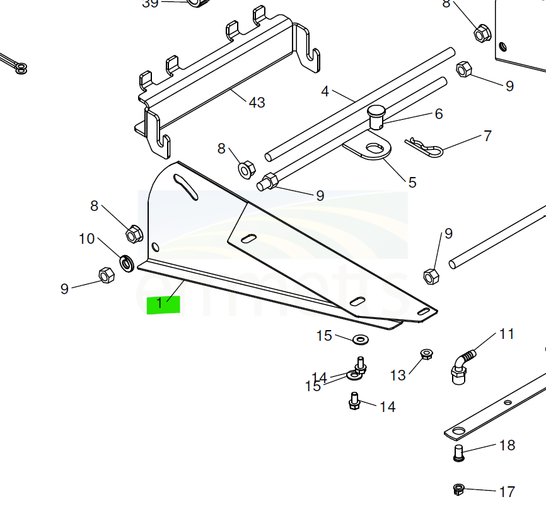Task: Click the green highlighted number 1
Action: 163,304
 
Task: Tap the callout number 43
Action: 257,102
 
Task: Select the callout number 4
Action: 325,92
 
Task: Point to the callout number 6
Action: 439,114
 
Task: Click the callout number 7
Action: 487,136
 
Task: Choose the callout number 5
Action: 412,183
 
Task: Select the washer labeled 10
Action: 126,261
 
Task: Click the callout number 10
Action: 86,239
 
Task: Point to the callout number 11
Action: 507,334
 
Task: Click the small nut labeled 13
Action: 426,355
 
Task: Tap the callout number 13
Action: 398,375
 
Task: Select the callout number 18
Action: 507,445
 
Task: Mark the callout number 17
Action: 506,491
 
